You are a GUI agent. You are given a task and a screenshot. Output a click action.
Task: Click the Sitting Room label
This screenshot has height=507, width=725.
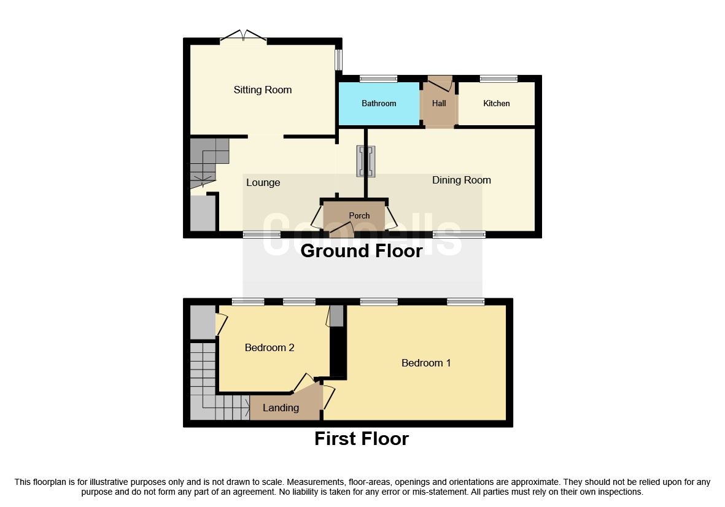[x=262, y=90]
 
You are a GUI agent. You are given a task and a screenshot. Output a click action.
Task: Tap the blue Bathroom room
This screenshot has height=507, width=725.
[x=379, y=104]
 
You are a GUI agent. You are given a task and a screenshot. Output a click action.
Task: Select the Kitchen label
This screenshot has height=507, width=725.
[x=496, y=104]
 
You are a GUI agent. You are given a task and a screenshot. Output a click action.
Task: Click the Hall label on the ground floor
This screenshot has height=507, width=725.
[x=439, y=104]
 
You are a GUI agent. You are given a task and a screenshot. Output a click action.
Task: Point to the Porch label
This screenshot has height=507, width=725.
[x=359, y=215]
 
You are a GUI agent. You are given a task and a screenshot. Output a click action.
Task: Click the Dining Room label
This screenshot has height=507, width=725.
[x=461, y=180]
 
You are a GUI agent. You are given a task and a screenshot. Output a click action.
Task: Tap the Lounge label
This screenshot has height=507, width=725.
[x=263, y=183]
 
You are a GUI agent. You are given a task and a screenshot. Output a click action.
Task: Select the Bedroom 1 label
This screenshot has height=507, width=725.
[x=425, y=363]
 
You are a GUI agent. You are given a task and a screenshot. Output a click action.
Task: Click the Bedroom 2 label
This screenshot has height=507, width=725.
[x=269, y=348]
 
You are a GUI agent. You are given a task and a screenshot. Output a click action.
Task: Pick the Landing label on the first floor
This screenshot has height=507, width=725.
[x=281, y=408]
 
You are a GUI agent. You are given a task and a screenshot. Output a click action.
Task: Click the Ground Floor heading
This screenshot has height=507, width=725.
[x=361, y=251]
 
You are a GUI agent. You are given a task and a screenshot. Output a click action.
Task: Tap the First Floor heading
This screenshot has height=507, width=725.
[x=361, y=439]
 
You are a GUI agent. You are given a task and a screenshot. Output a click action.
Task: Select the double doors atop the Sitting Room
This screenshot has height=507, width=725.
[x=243, y=36]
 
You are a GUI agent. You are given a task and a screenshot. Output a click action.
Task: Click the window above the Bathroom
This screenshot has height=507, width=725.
[x=378, y=79]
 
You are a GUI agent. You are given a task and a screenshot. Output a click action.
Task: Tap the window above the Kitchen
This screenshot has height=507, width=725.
[x=498, y=79]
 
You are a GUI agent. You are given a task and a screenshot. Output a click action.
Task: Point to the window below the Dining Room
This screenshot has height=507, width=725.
[x=459, y=234]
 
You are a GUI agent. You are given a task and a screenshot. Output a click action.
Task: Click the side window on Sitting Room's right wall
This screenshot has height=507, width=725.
[x=338, y=60]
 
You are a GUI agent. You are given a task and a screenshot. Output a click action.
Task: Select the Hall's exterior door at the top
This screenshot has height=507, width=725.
[x=440, y=83]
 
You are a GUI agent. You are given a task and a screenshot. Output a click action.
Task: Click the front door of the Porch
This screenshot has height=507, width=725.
[x=341, y=231]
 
